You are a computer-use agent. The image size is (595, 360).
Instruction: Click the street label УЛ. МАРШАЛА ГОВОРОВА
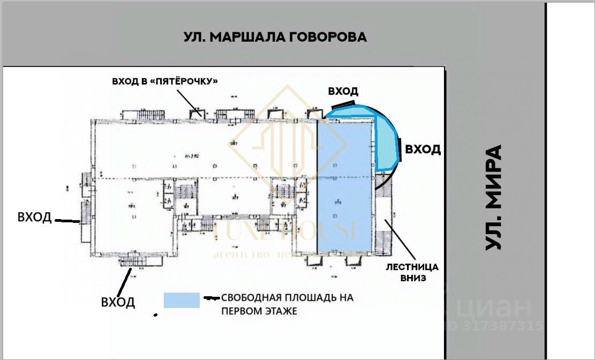click(275, 37)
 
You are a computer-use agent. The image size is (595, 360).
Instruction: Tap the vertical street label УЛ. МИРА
click(494, 197)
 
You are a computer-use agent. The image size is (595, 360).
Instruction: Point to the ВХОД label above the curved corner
click(343, 92)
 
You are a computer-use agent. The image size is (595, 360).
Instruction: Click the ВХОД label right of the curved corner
click(423, 149)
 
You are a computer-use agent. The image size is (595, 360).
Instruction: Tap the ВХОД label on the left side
click(35, 217)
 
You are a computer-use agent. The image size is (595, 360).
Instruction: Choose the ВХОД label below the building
click(118, 302)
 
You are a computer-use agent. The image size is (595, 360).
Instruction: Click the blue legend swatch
click(182, 300)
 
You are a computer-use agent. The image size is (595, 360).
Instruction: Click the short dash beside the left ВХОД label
click(68, 220)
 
